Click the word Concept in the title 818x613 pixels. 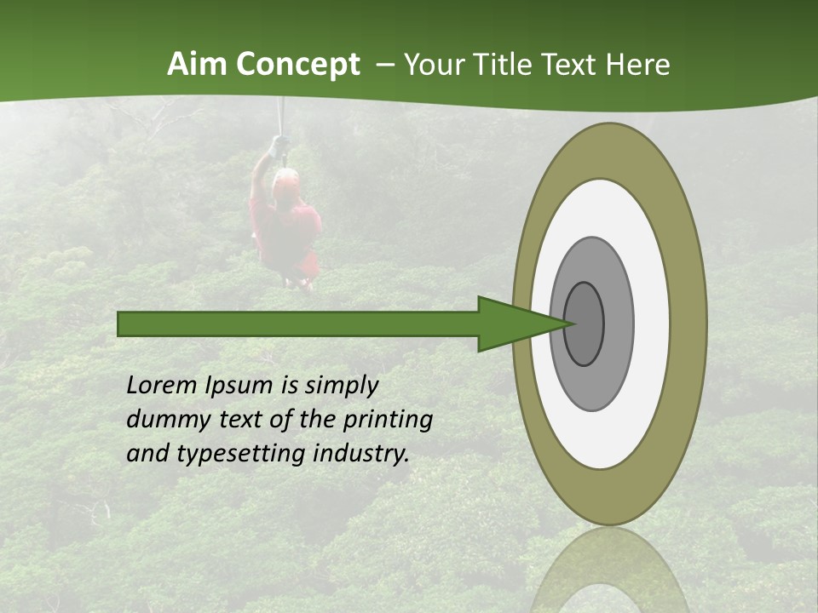point(298,65)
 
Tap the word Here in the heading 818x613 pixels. point(638,65)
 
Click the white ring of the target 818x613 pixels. point(652,324)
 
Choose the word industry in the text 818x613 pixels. point(361,453)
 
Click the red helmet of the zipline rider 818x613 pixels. point(286,179)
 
